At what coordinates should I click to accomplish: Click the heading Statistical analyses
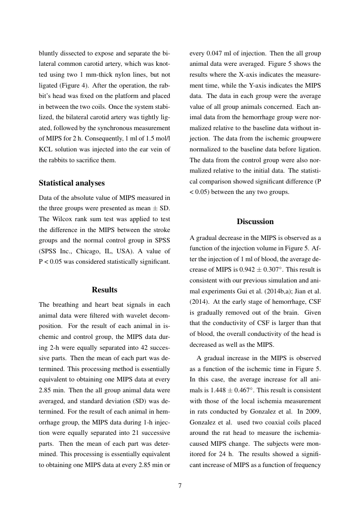(72, 183)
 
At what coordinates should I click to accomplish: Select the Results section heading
(104, 289)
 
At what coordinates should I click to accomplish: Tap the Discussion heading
(255, 222)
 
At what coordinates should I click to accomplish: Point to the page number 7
(180, 485)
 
